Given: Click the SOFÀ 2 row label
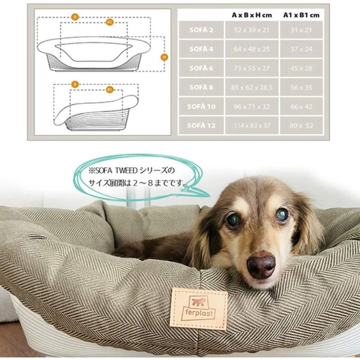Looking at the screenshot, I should (201, 30).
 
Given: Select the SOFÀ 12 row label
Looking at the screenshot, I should (201, 125).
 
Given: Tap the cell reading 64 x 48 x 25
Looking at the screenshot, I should (251, 49).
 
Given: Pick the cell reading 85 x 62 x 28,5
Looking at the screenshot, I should (251, 87).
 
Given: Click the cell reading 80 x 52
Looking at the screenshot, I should (301, 125).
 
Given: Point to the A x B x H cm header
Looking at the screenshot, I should (251, 15).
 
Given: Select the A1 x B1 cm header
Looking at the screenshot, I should (301, 15).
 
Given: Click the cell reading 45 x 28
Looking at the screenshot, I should (301, 68).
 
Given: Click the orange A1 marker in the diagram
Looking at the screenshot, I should (110, 23).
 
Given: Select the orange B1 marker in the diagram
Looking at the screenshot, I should (110, 89).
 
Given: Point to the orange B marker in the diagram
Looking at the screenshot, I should (75, 84).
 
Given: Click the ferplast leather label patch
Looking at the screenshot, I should (199, 308).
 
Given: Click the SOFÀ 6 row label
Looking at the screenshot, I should (201, 68).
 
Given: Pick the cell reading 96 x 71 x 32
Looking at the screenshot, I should (251, 106).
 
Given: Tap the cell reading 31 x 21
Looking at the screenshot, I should (301, 30).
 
